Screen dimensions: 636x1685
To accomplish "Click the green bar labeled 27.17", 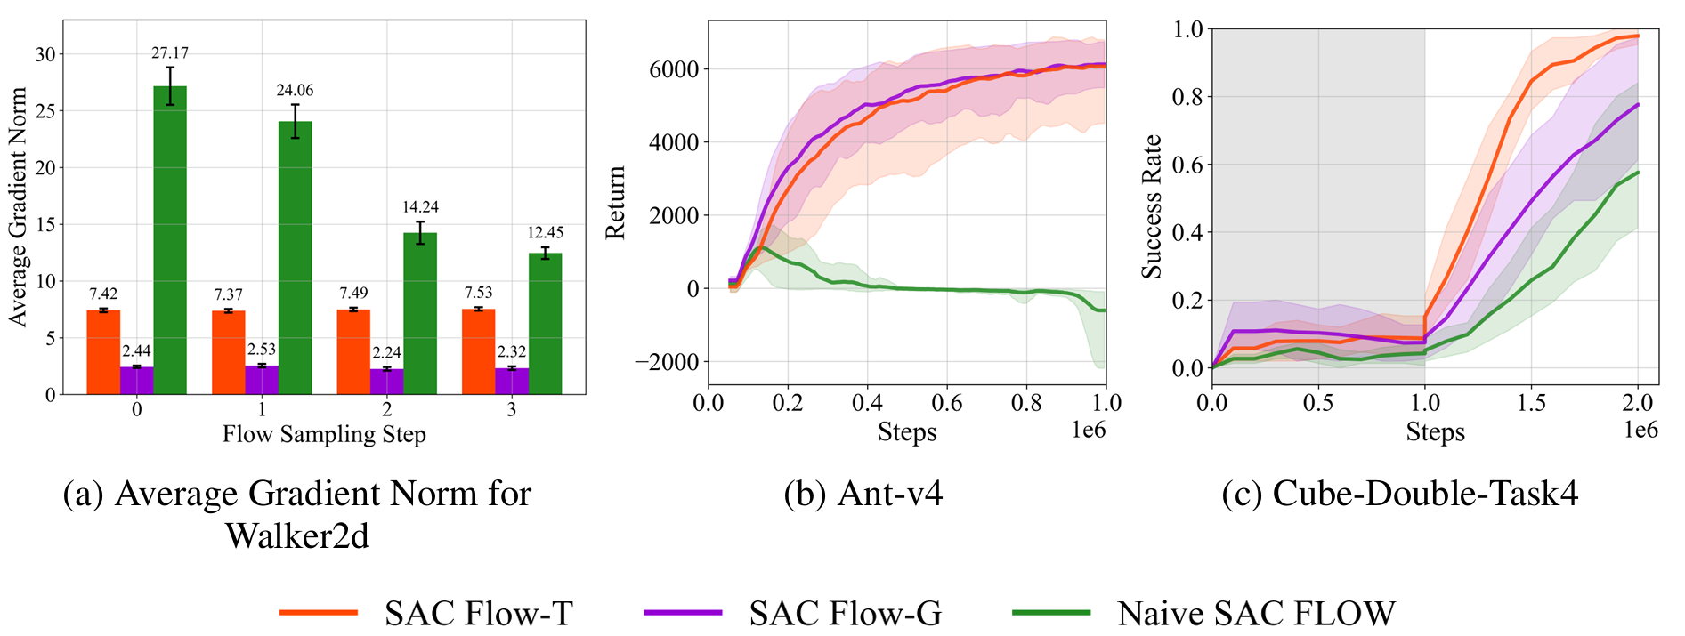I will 170,240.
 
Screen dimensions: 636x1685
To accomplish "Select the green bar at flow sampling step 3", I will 545,324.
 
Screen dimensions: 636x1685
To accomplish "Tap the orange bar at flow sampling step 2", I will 353,351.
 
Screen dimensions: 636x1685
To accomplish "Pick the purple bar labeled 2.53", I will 262,380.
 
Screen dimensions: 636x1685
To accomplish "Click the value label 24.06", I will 295,90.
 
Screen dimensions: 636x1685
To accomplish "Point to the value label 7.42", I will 103,294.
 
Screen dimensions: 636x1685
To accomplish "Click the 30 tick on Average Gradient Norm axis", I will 45,54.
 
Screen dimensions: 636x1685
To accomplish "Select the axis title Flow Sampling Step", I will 324,434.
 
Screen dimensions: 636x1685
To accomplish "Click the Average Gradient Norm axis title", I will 18,206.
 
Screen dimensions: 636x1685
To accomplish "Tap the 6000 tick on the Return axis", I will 674,69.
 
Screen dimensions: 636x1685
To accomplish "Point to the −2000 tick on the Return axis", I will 667,362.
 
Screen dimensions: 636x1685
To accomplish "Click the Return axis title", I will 615,202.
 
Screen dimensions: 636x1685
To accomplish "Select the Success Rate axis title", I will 1152,206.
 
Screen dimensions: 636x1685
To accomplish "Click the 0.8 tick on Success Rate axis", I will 1187,97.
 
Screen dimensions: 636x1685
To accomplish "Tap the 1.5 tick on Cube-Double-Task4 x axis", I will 1531,403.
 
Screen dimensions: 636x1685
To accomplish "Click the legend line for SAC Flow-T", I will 319,612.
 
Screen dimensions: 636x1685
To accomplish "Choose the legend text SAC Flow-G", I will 845,613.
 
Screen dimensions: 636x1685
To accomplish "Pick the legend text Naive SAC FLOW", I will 1256,613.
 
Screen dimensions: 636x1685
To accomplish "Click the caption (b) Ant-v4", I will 863,493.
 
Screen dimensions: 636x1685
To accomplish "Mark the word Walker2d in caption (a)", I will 296,535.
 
